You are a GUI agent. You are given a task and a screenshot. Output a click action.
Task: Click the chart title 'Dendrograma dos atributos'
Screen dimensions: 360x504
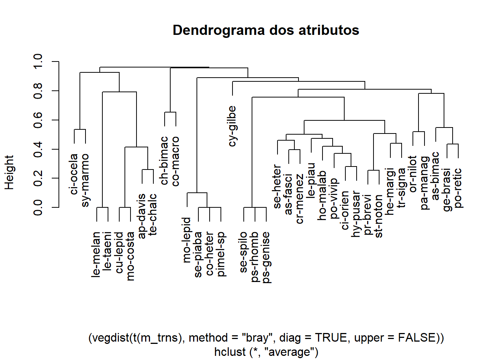[265, 30]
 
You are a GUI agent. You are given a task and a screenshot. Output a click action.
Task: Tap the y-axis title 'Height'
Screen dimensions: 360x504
[9, 172]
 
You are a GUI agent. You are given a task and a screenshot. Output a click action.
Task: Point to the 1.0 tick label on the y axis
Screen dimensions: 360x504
[38, 61]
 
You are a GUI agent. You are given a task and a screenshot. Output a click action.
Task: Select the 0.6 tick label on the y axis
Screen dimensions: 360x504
[38, 120]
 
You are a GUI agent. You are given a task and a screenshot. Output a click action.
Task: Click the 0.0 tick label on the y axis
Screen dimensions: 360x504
[38, 207]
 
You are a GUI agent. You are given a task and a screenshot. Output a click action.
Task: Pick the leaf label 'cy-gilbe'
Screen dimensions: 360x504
[232, 126]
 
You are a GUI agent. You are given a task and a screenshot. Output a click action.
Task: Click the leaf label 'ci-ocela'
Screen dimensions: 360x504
[74, 174]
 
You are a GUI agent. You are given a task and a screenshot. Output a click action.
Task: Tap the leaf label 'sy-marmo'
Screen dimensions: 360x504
[85, 180]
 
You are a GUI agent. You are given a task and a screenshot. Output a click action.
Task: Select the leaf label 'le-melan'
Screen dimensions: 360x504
[97, 254]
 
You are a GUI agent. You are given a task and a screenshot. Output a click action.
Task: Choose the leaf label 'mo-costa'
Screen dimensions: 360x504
[130, 256]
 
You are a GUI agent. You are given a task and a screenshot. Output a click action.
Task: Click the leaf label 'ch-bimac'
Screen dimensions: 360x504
[164, 160]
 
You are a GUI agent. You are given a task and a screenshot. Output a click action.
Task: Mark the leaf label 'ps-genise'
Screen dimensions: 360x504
[266, 257]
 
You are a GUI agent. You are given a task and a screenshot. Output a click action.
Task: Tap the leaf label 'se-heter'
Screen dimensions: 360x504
[277, 186]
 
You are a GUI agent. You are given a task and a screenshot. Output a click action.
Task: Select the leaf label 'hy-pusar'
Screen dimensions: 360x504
[356, 214]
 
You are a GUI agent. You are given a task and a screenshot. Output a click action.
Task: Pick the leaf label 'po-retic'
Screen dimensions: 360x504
[458, 188]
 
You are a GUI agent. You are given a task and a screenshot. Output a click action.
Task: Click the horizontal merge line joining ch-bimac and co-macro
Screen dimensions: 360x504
[170, 112]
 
